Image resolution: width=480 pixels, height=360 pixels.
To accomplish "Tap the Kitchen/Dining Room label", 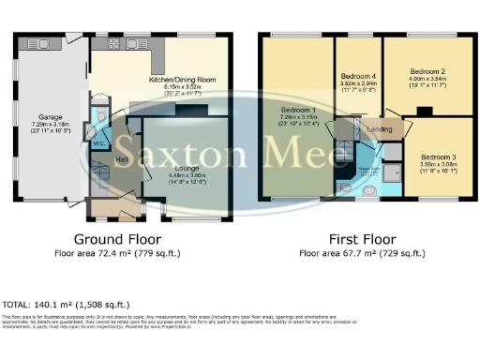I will (182, 81).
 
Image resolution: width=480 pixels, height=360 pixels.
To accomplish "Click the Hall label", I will (121, 160).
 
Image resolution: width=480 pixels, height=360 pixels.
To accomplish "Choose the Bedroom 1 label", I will (296, 110).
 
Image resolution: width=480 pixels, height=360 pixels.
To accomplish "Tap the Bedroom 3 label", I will (437, 156).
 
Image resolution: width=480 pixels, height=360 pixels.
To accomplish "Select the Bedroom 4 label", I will (358, 75).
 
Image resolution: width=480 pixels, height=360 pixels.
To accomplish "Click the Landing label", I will (379, 129).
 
